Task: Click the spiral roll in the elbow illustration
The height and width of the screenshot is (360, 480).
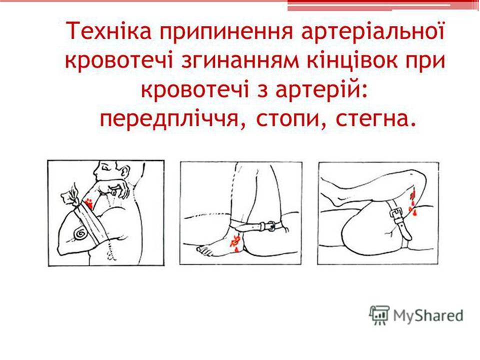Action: (80, 233)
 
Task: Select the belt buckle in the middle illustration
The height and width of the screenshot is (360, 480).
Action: (269, 225)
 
